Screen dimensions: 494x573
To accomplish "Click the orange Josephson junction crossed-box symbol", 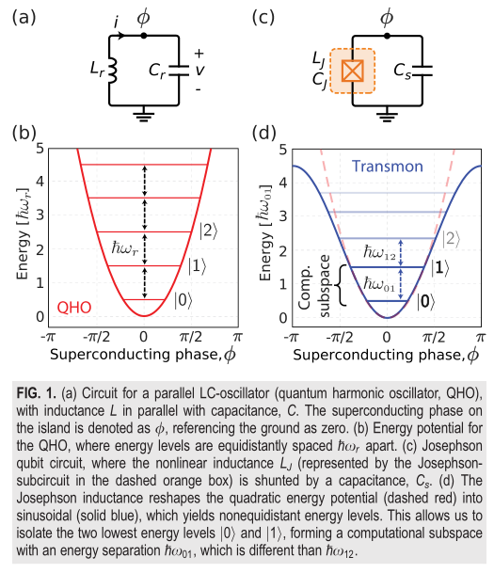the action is pos(353,71).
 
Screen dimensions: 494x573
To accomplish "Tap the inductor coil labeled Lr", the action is pos(113,70).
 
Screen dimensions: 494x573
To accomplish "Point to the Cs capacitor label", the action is pos(403,71).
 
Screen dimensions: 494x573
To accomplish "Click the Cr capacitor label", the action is pos(157,71).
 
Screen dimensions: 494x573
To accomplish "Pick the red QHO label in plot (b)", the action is pos(74,308).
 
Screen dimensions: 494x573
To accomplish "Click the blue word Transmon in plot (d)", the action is pos(388,167).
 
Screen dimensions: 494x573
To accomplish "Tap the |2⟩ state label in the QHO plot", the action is pos(208,231).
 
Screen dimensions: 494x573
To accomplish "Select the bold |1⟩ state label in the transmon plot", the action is pos(440,268).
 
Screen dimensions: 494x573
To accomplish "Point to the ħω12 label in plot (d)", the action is pos(379,252).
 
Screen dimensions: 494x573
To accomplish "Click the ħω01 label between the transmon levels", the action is pos(379,284).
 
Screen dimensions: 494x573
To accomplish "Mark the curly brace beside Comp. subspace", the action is pos(341,285).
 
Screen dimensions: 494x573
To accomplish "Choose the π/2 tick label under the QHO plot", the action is pos(191,337).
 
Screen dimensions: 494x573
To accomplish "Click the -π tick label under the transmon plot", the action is pos(291,337).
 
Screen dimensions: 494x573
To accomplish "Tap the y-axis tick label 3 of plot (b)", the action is pos(40,215).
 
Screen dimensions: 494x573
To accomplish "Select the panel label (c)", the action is pos(263,18).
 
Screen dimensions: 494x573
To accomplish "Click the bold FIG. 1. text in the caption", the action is pos(36,393).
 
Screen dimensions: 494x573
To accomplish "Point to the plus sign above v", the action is pos(199,54).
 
